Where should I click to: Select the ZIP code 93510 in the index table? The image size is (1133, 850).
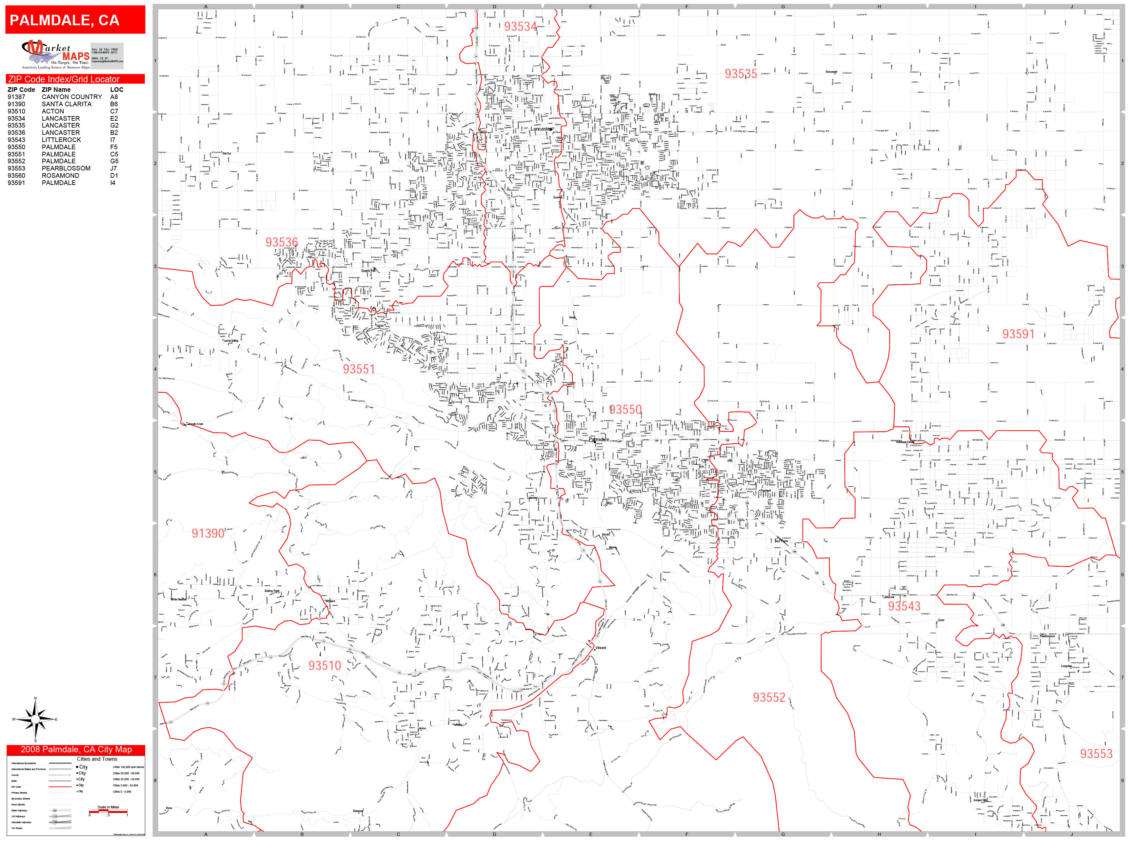pyautogui.click(x=16, y=111)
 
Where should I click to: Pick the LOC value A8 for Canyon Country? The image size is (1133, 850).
pyautogui.click(x=114, y=97)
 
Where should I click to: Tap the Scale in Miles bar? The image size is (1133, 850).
pyautogui.click(x=108, y=811)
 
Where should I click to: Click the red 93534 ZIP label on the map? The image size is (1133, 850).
pyautogui.click(x=520, y=27)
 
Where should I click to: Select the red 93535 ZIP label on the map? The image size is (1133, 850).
pyautogui.click(x=741, y=74)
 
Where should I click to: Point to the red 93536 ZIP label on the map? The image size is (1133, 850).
pyautogui.click(x=281, y=242)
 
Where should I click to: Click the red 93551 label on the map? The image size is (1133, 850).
pyautogui.click(x=359, y=369)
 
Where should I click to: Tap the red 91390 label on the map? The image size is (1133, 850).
pyautogui.click(x=208, y=533)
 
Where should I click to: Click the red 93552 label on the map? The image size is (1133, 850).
pyautogui.click(x=769, y=697)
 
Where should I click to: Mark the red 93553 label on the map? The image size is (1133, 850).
pyautogui.click(x=1096, y=754)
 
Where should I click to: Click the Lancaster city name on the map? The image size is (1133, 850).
pyautogui.click(x=541, y=129)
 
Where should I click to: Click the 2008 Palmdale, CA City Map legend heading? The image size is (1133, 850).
pyautogui.click(x=76, y=750)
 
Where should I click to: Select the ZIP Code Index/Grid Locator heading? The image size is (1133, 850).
pyautogui.click(x=64, y=79)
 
